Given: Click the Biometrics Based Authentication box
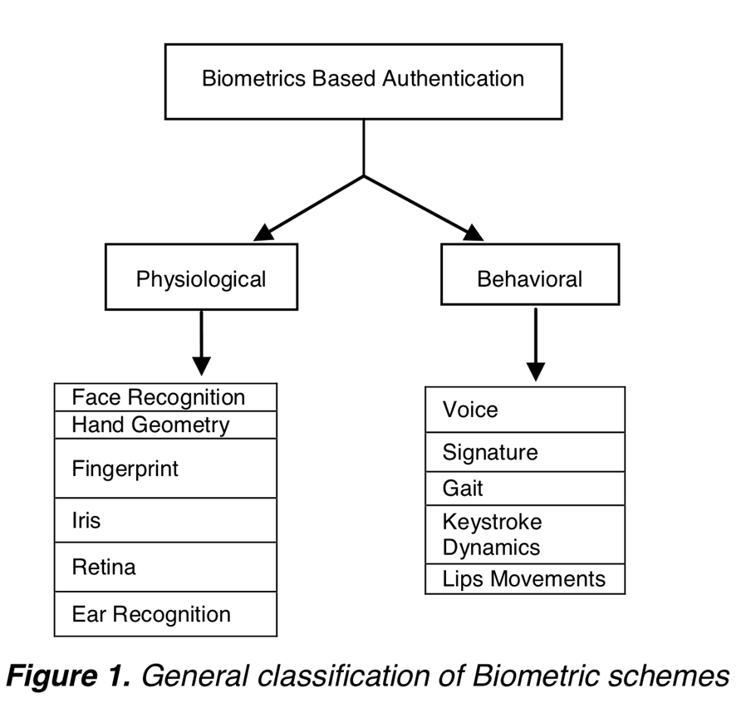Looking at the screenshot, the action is coord(364,81).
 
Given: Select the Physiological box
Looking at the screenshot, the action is coord(202,277).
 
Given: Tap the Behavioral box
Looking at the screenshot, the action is coord(530,274).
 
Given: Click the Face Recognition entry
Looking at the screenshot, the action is coord(165,397).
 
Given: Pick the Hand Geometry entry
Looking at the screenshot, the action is coord(165,425).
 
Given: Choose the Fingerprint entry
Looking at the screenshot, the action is coord(165,468).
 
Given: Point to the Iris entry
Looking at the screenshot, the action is coord(165,520).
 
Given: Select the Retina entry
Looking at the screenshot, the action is coord(165,567).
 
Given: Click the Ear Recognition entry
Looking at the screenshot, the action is coord(165,614).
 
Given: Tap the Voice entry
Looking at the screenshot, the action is coord(525,410).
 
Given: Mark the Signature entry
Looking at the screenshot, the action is coord(525,452).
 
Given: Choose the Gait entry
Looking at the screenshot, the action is coord(525,489).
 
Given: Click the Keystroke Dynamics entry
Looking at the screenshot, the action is coord(525,534).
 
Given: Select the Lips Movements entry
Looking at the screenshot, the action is coord(525,579).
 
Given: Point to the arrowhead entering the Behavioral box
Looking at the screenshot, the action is coord(473,233).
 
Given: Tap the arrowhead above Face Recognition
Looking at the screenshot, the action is coord(202,366).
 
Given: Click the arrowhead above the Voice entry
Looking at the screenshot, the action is coord(536,371).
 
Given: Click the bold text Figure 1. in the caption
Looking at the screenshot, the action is coord(68,676).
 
